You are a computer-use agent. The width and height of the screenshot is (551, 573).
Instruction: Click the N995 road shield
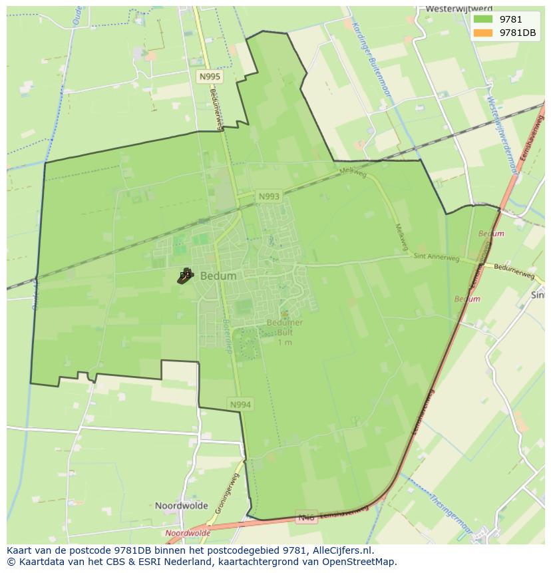(210, 77)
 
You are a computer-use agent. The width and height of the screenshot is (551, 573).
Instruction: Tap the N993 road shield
(269, 196)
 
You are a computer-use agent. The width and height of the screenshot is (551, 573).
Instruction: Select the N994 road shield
(241, 404)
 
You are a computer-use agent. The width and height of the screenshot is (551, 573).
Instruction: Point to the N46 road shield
(306, 517)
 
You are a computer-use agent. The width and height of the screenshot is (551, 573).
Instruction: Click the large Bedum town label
(218, 276)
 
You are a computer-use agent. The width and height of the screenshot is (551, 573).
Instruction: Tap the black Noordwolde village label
(182, 506)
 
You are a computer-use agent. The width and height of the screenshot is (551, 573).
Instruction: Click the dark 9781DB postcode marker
(184, 276)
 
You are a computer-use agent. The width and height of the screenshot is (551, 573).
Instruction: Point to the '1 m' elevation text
(284, 342)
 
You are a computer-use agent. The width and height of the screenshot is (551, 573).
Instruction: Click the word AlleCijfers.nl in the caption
(342, 550)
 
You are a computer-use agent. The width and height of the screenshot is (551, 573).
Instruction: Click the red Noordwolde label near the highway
(188, 533)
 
